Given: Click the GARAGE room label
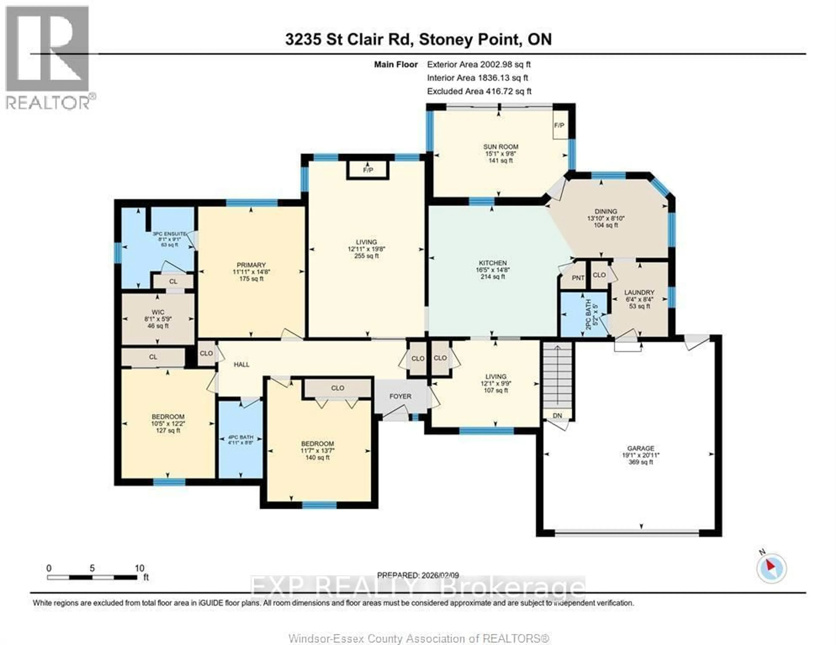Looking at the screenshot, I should (x=640, y=448).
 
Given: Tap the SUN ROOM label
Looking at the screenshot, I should (x=500, y=147).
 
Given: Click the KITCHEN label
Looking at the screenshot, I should (x=493, y=263).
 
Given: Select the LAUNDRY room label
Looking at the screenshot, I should (x=639, y=292).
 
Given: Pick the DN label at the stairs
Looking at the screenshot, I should (x=557, y=416).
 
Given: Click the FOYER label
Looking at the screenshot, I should (x=400, y=397).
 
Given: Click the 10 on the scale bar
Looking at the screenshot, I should (x=139, y=568).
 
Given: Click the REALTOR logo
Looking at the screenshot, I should (x=48, y=57).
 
